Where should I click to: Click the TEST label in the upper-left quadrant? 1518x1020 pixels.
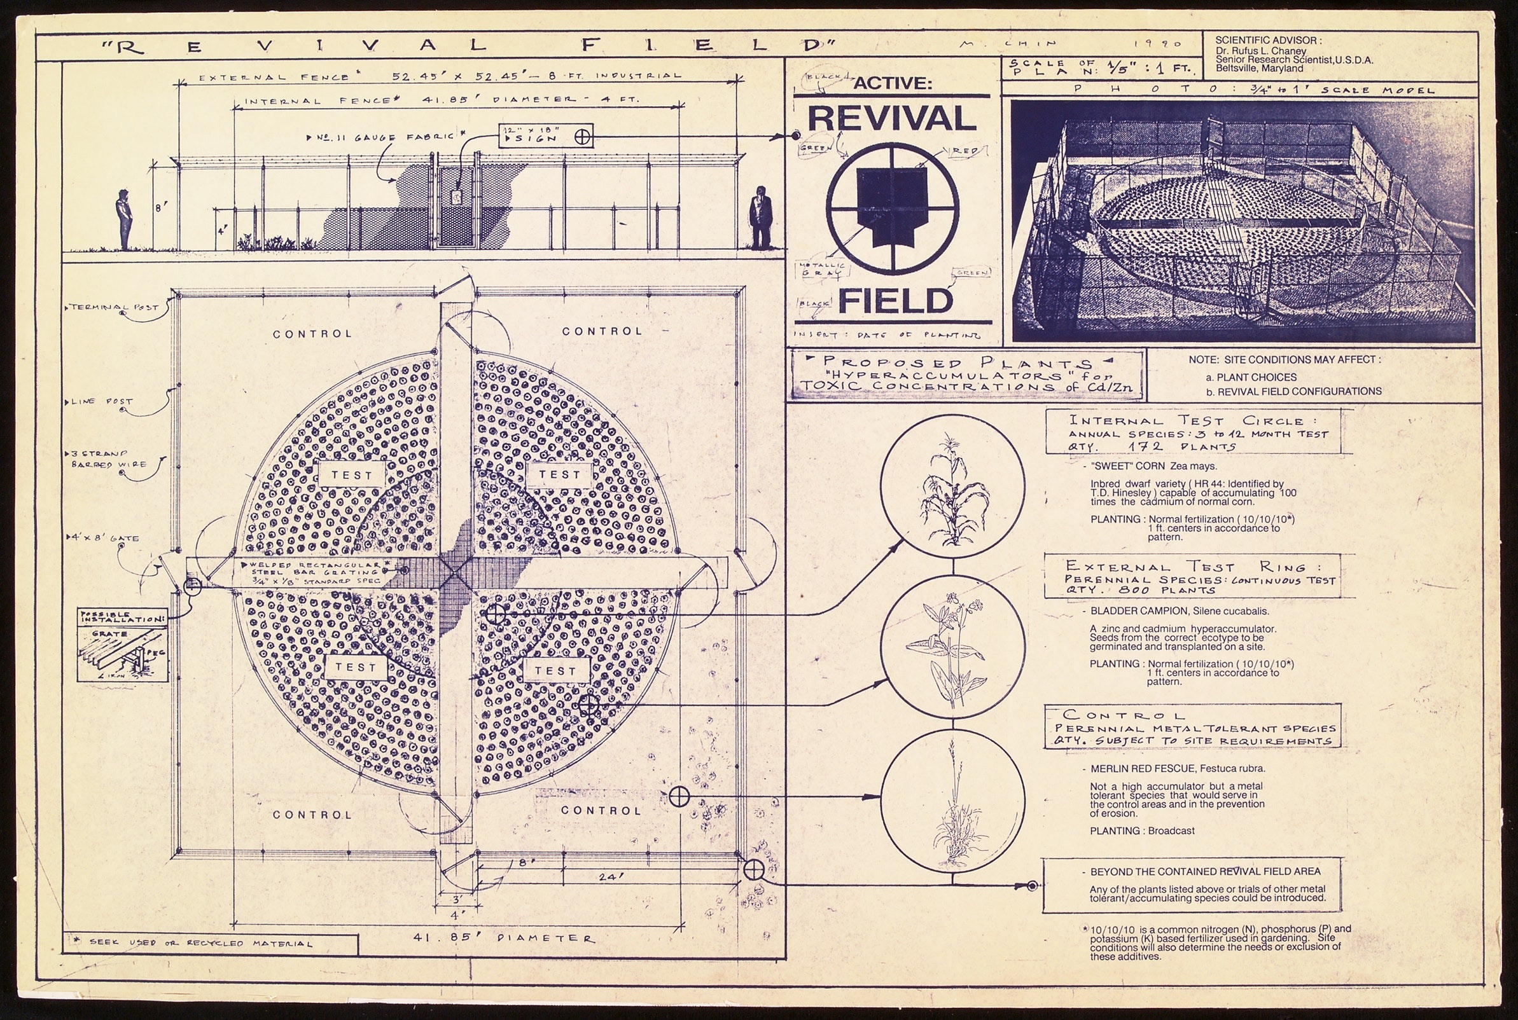click(351, 475)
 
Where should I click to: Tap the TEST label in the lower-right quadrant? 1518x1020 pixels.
click(555, 671)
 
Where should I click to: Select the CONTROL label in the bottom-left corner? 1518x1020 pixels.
click(312, 815)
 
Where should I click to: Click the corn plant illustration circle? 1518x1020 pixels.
click(952, 486)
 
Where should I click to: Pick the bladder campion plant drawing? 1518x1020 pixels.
click(952, 644)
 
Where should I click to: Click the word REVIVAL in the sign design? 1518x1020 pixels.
click(892, 118)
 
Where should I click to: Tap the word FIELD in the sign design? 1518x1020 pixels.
click(895, 301)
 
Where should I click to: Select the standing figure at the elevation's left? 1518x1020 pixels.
click(123, 219)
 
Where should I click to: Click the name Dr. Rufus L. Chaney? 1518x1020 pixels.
click(1260, 51)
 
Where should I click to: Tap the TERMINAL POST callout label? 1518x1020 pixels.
click(115, 307)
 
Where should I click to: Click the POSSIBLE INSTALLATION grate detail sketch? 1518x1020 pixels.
click(122, 645)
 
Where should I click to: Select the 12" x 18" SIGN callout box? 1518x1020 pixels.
click(545, 135)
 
